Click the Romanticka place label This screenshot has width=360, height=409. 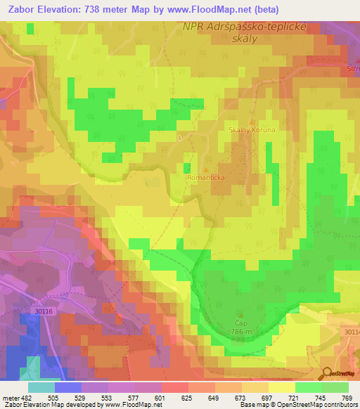(x=205, y=178)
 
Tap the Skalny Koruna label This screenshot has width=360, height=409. (x=251, y=130)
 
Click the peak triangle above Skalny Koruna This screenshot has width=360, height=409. (x=252, y=122)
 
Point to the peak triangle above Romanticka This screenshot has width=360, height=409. (x=205, y=169)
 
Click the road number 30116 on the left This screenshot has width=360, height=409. (x=44, y=311)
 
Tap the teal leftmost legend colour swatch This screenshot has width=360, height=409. (x=41, y=387)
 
